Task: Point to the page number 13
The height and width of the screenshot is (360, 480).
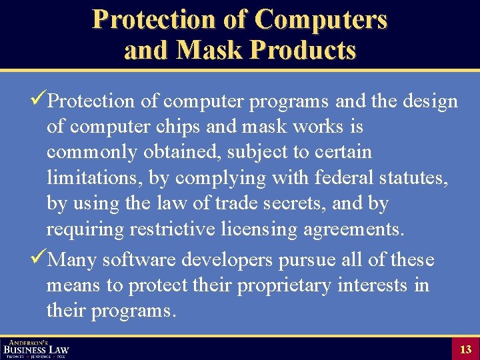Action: click(465, 349)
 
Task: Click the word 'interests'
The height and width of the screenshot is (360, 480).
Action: click(373, 285)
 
